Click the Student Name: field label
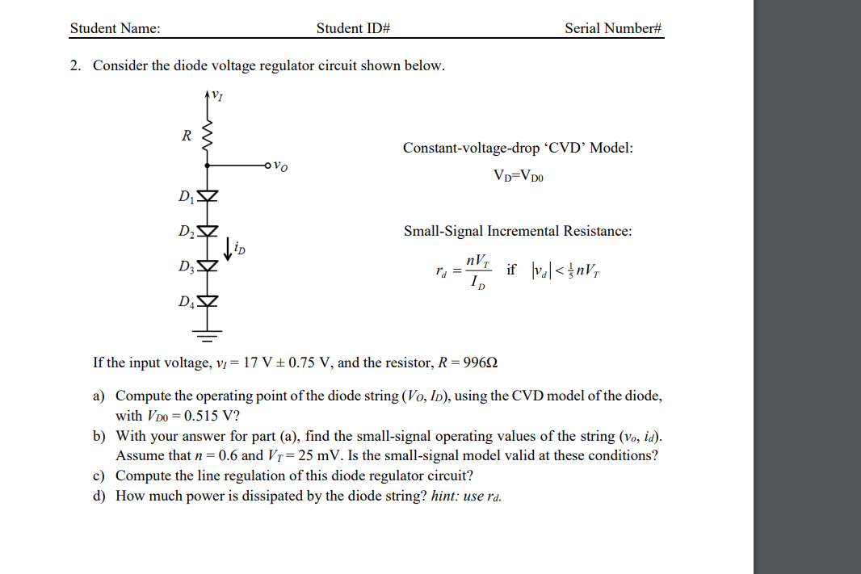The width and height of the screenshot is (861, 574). coord(115,28)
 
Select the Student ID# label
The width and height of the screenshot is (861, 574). coord(353,28)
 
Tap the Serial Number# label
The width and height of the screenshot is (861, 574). coord(613,28)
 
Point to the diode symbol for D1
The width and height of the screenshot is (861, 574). coord(208,196)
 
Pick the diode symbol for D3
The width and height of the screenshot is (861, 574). coord(208,266)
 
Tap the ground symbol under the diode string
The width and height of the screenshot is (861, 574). coord(208,332)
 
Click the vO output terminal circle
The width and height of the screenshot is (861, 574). coord(267,166)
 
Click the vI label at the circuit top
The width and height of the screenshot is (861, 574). coord(216,97)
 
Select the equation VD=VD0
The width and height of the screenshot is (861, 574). coord(518,176)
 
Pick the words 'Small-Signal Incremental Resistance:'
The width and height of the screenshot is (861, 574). coord(518,231)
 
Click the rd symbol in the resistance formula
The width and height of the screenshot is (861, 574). coord(439,271)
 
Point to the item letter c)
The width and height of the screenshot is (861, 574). coord(99,475)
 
